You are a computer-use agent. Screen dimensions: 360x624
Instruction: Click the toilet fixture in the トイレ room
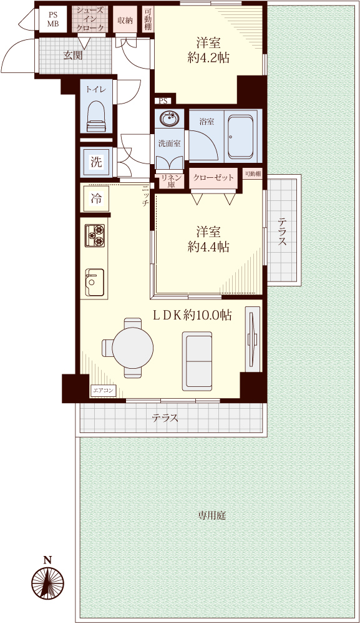point(97,116)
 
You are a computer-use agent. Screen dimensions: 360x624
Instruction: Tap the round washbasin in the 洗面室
point(168,118)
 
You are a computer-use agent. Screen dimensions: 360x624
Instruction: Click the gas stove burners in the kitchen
point(95,236)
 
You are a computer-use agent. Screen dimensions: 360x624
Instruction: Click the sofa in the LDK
point(198,361)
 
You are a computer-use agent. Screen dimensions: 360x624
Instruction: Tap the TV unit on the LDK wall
point(252,339)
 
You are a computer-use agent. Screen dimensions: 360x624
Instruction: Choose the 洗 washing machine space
point(96,162)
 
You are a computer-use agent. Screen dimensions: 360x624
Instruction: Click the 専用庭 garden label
point(212,516)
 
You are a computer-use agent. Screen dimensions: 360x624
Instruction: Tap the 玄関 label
point(73,56)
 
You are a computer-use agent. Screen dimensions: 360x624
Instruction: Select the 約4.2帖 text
point(208,59)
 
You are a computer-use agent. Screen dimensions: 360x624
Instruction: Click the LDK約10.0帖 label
point(193,316)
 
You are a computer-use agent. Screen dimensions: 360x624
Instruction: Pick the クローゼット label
point(213,177)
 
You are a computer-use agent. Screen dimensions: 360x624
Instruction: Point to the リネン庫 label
point(171,181)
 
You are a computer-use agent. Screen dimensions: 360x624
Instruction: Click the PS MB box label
point(53,19)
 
